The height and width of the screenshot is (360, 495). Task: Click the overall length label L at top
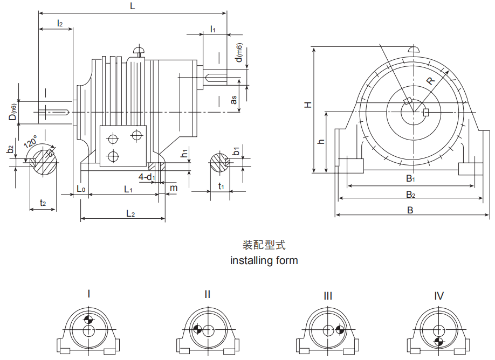pos(133,6)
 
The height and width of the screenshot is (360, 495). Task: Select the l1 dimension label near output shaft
pos(213,29)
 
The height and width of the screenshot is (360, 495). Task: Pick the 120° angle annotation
pos(30,143)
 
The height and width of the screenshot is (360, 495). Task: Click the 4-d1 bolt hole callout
pos(147,177)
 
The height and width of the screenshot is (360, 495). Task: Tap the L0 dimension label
pos(80,189)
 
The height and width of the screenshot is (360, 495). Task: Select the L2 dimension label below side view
pos(130,213)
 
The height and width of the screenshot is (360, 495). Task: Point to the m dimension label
pos(173,188)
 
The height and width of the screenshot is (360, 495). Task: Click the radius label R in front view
pos(430,81)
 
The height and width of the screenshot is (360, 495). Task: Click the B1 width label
pos(411,178)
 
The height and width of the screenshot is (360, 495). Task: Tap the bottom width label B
pos(410,210)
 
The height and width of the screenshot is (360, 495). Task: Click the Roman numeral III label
pos(328,296)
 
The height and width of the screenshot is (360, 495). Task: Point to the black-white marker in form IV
pos(439,342)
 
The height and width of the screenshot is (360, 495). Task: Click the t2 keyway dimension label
pos(43,203)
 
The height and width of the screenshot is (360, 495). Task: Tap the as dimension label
pos(233,100)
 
